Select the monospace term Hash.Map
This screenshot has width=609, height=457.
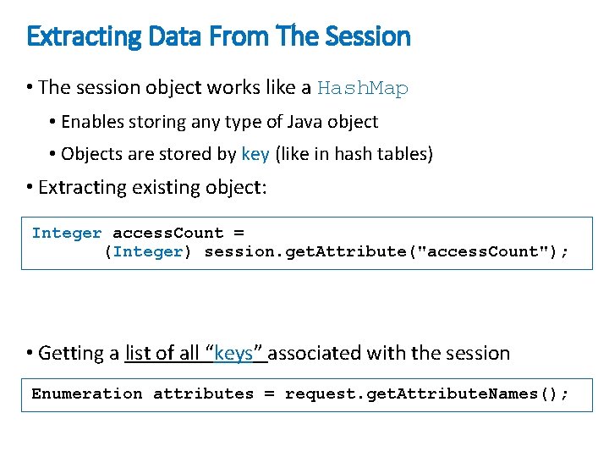point(362,88)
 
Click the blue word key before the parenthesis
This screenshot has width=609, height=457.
point(255,154)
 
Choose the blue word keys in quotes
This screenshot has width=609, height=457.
point(233,353)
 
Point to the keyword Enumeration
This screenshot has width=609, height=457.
point(87,394)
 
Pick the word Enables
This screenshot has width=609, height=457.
point(93,122)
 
